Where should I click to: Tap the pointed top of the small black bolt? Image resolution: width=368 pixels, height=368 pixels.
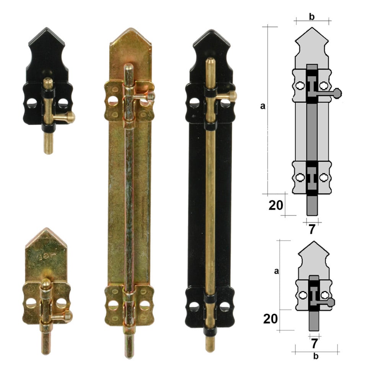pyautogui.click(x=46, y=28)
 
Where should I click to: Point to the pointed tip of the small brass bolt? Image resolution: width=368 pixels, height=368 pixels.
pyautogui.click(x=47, y=228)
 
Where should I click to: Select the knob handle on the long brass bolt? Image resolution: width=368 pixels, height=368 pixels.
pyautogui.click(x=151, y=96)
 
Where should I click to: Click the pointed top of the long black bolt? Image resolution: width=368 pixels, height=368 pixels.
pyautogui.click(x=212, y=30)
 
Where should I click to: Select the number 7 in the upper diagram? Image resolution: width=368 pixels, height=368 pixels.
pyautogui.click(x=311, y=229)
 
